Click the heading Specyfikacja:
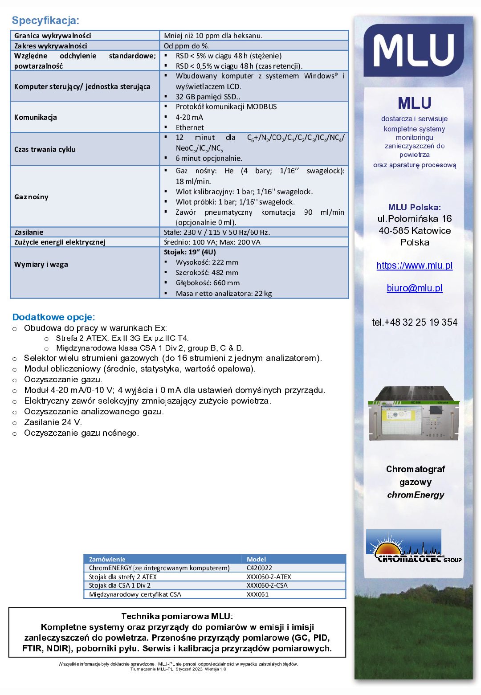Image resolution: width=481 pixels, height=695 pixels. (x=45, y=20)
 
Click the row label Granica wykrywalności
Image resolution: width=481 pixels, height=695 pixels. (x=53, y=36)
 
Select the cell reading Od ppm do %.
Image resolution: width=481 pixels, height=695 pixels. (x=187, y=46)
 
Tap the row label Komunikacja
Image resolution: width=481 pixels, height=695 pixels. (x=36, y=118)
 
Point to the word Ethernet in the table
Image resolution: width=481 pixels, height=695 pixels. (x=190, y=128)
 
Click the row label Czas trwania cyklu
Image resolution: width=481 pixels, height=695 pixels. (x=45, y=150)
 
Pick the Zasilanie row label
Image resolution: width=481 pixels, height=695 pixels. (x=29, y=232)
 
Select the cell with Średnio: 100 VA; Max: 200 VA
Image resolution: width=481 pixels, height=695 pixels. (x=212, y=242)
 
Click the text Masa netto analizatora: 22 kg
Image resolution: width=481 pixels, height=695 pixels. (x=224, y=294)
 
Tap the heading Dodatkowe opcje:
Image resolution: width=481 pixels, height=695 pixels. (x=53, y=317)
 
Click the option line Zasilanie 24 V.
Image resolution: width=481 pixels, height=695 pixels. (x=53, y=422)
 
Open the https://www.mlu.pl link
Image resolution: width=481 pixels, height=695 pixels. (x=415, y=266)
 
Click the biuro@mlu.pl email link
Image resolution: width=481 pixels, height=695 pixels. (x=415, y=288)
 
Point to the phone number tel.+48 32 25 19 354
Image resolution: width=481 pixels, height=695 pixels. (x=415, y=323)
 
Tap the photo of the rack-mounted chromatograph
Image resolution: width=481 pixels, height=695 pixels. (x=414, y=414)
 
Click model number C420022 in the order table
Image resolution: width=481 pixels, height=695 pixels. (x=259, y=568)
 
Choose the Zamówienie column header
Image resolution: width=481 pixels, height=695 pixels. (x=107, y=559)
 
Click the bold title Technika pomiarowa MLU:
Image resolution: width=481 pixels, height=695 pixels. (x=177, y=617)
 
